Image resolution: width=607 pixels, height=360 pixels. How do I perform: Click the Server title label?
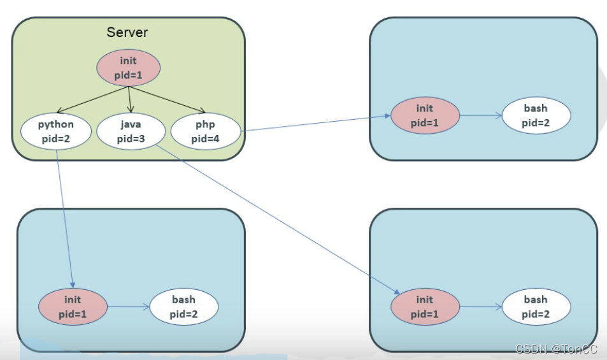tap(127, 32)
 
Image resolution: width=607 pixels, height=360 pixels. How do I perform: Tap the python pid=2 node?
tap(55, 131)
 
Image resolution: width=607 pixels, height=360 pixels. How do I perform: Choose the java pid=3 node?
tap(130, 131)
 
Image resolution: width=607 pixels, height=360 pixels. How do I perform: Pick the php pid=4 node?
tap(206, 131)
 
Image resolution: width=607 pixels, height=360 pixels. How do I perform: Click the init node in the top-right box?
tap(425, 116)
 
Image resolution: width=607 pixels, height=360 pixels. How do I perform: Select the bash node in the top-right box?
tap(536, 115)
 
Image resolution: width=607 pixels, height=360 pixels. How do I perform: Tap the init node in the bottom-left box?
tap(73, 306)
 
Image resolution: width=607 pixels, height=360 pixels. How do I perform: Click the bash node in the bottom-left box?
tap(184, 306)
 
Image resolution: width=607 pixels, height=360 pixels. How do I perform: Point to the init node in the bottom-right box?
tap(425, 306)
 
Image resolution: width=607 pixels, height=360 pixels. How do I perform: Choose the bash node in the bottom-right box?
tap(536, 306)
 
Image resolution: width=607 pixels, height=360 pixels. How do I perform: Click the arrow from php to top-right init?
tap(315, 124)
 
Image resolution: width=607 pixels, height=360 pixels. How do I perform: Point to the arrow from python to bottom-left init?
tap(66, 217)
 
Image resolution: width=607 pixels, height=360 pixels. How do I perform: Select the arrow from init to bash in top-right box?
tap(480, 116)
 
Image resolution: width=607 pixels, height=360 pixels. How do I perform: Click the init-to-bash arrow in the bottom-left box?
tap(129, 306)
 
